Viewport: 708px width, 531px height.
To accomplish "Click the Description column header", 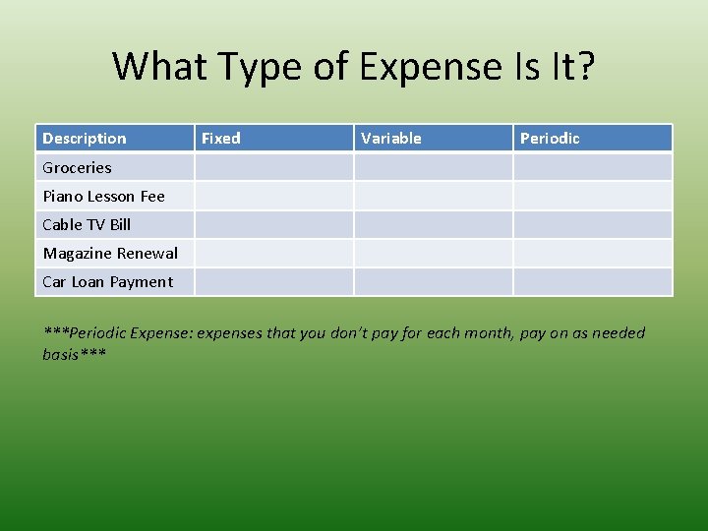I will (85, 139).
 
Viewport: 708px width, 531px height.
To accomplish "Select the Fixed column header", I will (221, 139).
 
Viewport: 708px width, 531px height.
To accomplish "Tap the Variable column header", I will (391, 139).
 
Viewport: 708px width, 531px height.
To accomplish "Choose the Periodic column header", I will (550, 139).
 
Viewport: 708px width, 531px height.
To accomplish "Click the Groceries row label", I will (77, 167).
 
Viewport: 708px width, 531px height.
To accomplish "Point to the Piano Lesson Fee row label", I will (103, 196).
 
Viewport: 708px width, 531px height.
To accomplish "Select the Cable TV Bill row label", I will (87, 224).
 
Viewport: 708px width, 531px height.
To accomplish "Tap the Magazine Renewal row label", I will (110, 253).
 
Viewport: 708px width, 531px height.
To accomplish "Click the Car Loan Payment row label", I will (107, 281).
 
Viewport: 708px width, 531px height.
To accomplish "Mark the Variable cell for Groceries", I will (433, 167).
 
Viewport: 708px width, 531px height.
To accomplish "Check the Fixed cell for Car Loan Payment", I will (273, 281).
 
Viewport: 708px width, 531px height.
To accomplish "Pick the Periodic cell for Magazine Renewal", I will (592, 253).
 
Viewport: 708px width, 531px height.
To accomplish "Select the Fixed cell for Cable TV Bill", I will (273, 224).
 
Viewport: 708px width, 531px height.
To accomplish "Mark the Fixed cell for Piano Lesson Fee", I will (273, 196).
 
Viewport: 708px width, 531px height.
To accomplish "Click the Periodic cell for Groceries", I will (592, 167).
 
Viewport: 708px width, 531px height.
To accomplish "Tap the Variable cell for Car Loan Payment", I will (433, 281).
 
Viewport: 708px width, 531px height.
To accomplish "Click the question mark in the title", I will (584, 67).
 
